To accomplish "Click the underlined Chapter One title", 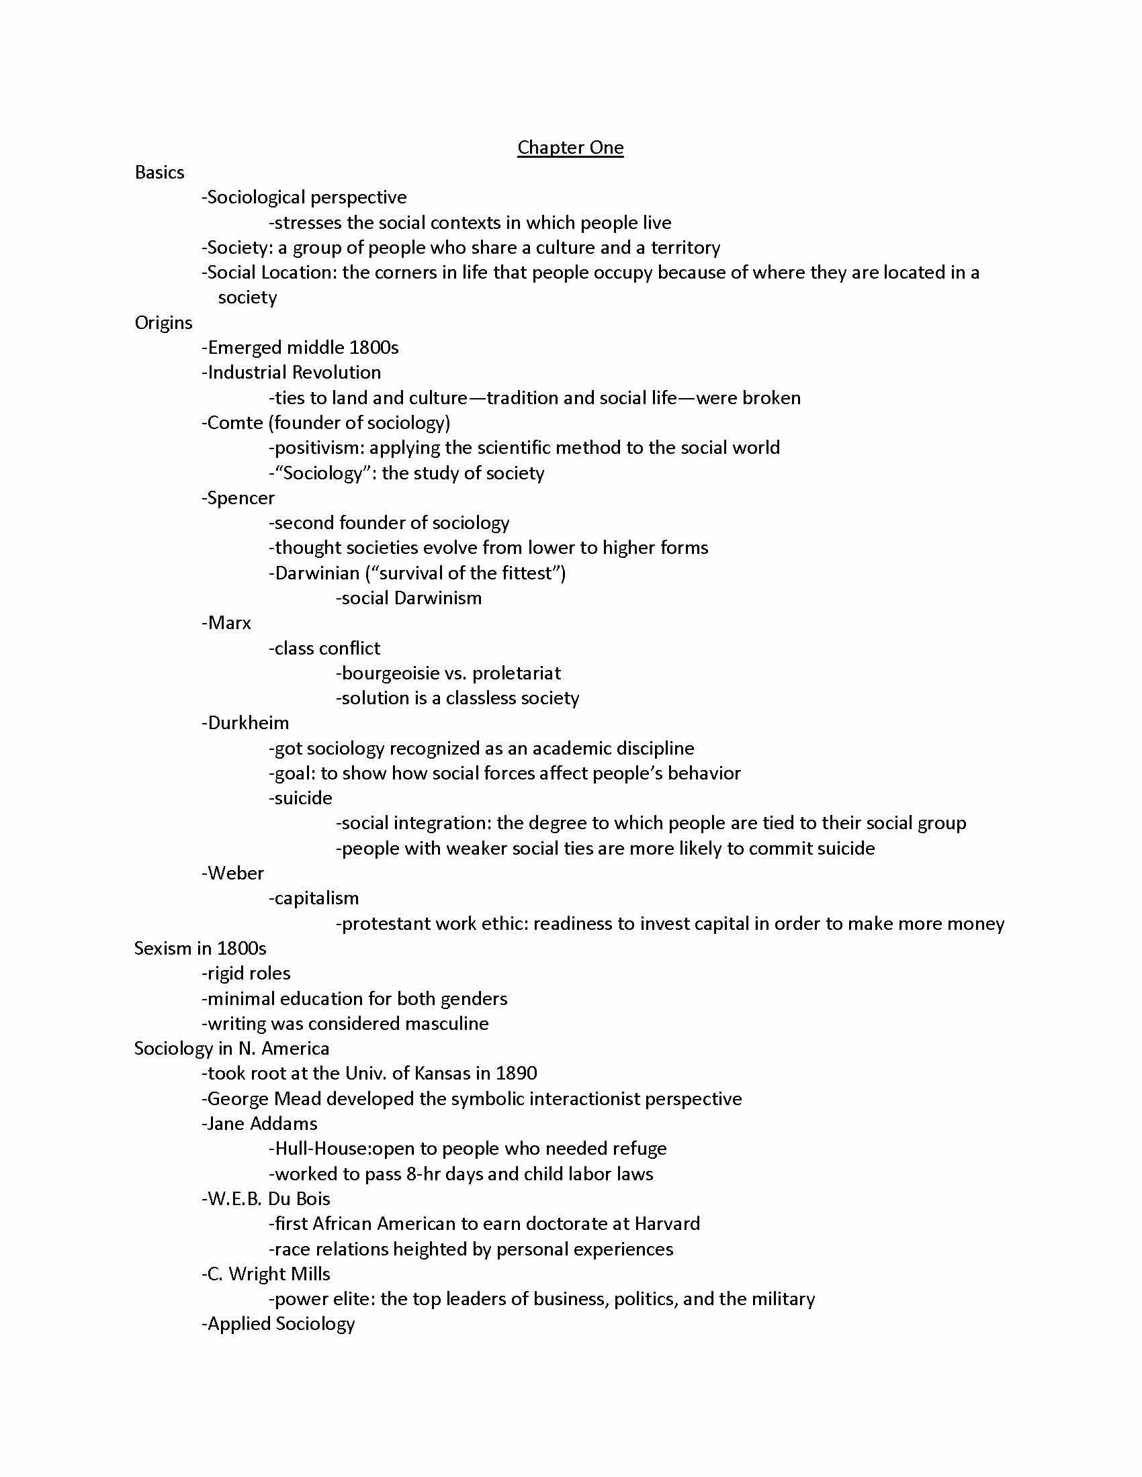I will [570, 148].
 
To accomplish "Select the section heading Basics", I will [160, 173].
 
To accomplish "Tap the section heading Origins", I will [164, 322].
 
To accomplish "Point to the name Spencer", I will [241, 497].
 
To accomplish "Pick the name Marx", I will [229, 623].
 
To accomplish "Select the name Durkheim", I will [249, 723].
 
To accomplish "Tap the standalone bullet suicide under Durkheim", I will [303, 798].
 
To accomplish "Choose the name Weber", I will [235, 873].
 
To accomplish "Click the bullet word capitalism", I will [316, 898].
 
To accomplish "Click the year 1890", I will [516, 1074].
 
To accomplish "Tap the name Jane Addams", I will [262, 1123].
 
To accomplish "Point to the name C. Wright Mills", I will [269, 1274].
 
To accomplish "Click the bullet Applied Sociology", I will [281, 1323].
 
